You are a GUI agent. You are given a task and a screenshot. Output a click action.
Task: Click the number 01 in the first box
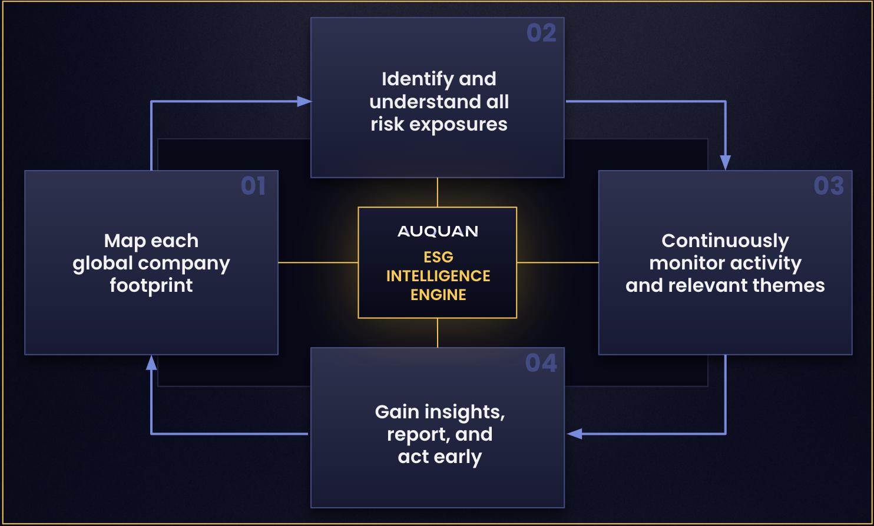click(253, 186)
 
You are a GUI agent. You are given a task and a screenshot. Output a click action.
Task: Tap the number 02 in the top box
click(541, 33)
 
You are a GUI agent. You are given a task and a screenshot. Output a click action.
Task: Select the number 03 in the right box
click(829, 186)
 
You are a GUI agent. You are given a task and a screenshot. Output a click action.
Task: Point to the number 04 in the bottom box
click(541, 363)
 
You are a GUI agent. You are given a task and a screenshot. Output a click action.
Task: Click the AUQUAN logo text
click(438, 231)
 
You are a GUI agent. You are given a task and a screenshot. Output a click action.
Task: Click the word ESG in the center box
click(438, 257)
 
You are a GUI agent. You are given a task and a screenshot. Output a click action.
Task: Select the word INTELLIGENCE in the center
click(438, 276)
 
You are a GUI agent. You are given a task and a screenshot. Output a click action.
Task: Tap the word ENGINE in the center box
click(438, 295)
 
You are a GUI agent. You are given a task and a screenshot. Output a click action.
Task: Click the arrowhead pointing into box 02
click(304, 102)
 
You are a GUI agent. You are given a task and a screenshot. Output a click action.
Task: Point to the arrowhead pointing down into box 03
click(726, 162)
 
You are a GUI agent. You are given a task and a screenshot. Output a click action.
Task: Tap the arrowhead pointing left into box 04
click(574, 434)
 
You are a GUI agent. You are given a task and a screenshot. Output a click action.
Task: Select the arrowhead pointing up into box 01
click(151, 362)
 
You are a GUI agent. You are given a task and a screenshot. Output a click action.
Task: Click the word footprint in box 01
click(151, 285)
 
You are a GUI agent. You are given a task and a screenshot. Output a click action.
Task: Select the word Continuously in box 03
click(725, 241)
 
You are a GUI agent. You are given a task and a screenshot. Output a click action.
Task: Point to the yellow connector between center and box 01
click(318, 262)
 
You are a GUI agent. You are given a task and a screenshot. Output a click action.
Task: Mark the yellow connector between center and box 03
click(558, 262)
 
